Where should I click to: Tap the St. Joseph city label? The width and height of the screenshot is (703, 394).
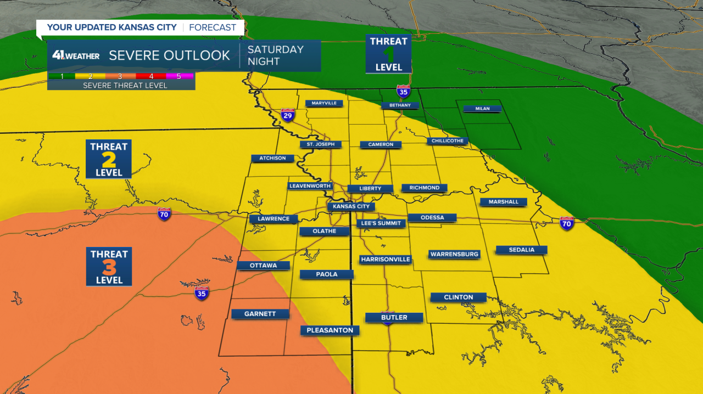coord(321,144)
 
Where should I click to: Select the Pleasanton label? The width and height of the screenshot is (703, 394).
coord(330,330)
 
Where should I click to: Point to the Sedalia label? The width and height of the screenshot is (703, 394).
coord(521,250)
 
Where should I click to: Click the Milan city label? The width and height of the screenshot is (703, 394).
coord(482,109)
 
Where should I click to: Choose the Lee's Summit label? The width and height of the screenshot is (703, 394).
coord(381,223)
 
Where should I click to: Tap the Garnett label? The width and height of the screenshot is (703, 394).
coord(261,314)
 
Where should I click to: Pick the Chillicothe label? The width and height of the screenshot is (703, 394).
coord(448,141)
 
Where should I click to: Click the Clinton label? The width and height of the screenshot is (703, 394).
coord(458,297)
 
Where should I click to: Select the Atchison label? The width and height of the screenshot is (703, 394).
coord(272,158)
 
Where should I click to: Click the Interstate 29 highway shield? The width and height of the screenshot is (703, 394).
coord(288,115)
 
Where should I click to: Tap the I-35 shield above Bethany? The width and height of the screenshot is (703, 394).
coord(403,91)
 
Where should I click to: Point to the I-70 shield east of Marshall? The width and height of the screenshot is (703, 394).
coord(567,223)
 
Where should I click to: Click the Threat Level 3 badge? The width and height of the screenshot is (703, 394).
coord(109,266)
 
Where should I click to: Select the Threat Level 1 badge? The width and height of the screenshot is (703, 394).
coord(389,54)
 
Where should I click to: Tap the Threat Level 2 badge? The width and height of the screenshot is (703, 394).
coord(109,159)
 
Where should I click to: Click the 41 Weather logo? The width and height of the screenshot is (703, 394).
coord(76,55)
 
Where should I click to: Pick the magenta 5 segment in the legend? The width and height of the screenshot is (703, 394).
coord(179,76)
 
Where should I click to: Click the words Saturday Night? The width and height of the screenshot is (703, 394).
coord(275,55)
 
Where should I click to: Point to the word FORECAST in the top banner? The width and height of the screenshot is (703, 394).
coord(213,27)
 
